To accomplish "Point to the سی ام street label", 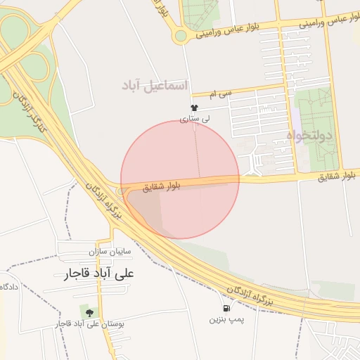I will coord(224,93).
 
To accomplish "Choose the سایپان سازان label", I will coord(106,250).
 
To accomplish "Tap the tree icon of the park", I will coord(90,312).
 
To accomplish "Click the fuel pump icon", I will coord(226,308).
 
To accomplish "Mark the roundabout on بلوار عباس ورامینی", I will coord(181,35).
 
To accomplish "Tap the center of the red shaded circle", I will coord(180,179).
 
